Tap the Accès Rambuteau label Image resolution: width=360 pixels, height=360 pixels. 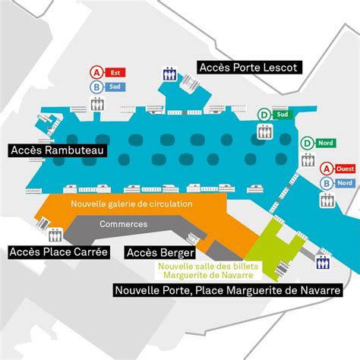tap(56, 150)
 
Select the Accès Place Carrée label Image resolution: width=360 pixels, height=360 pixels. tap(58, 251)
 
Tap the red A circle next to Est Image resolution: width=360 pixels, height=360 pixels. tap(96, 73)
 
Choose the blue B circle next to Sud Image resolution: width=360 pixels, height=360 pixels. tap(96, 87)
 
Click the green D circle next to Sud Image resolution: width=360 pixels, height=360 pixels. tap(264, 115)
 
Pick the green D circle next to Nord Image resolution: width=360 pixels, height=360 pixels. tap(308, 143)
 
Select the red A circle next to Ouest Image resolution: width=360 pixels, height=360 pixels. tap(326, 169)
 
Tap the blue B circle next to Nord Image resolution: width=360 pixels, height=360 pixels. tap(326, 183)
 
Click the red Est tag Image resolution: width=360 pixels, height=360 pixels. tap(116, 73)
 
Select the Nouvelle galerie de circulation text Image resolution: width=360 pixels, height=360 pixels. tap(131, 204)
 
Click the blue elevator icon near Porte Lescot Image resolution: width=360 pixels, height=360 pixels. tap(169, 75)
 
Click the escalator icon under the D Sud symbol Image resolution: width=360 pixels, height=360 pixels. tap(264, 131)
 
